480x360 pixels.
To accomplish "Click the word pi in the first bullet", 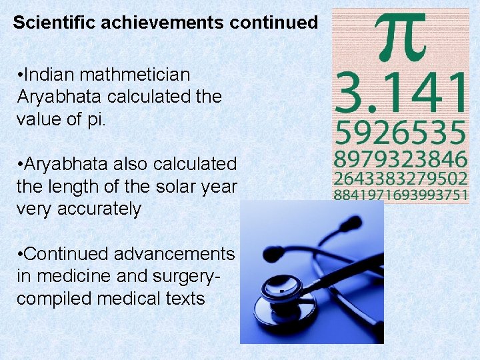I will tap(95, 118).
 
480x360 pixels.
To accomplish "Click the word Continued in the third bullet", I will tap(66, 254).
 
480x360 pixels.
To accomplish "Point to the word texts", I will tap(183, 299).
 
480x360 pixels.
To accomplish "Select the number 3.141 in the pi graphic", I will tap(400, 94).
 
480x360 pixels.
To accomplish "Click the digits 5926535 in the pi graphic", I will tap(400, 134).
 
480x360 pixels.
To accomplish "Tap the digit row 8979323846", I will tap(400, 161).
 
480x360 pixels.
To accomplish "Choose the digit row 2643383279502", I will tap(400, 180).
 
